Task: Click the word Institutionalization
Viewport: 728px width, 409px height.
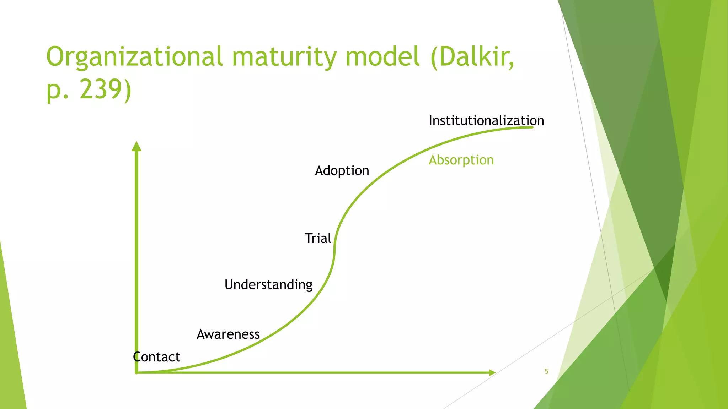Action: (486, 121)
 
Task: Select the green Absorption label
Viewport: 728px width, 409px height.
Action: (461, 160)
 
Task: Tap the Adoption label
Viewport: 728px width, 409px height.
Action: (342, 171)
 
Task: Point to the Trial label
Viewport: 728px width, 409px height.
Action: (318, 238)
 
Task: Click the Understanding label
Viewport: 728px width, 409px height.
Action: (268, 285)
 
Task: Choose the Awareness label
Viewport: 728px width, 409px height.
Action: (228, 334)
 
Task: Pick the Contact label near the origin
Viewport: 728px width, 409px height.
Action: (156, 357)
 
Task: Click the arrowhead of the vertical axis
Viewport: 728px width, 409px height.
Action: (136, 146)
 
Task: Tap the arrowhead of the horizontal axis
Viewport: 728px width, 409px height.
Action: (492, 372)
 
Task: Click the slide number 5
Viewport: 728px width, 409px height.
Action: (546, 371)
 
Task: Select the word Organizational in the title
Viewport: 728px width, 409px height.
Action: (134, 57)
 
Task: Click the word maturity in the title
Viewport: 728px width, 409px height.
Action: (284, 57)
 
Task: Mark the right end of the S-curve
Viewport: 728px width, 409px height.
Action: (532, 127)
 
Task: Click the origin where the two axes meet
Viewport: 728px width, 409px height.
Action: (136, 372)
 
